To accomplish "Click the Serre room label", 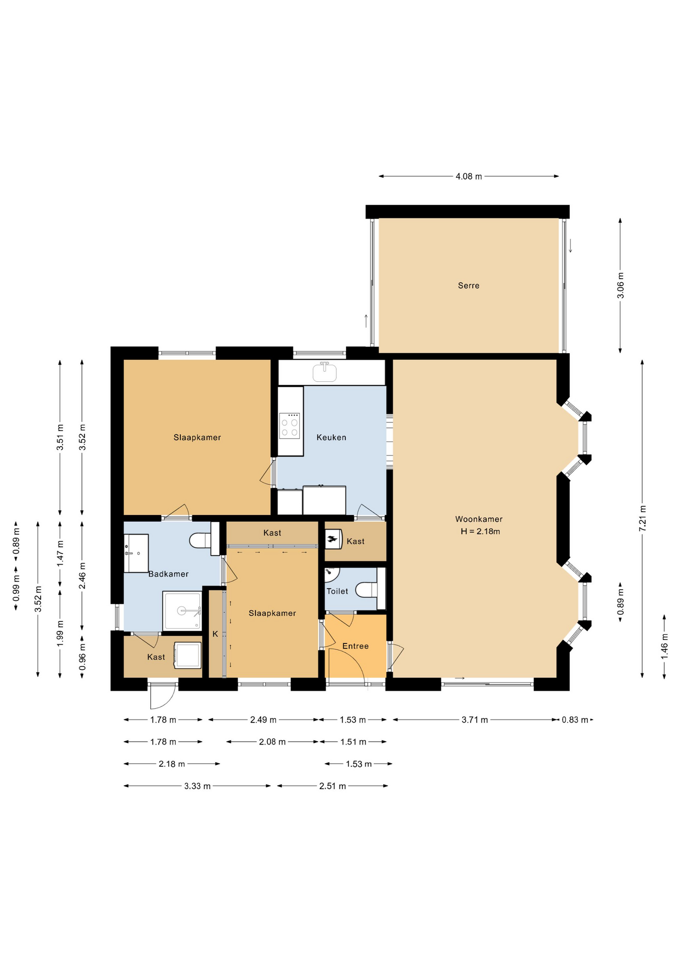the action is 468,286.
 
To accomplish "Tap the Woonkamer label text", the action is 479,519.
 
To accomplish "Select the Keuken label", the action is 331,437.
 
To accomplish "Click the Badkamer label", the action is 168,574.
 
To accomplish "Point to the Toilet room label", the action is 337,591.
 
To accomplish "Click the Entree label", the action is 356,646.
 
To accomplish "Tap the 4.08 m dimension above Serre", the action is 469,176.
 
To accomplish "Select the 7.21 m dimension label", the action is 642,519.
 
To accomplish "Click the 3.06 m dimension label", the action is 620,286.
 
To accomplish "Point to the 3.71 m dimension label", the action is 475,720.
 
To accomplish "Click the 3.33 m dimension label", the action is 197,786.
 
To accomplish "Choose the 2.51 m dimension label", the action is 332,786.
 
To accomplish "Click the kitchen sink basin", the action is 324,372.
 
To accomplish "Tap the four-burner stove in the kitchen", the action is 289,426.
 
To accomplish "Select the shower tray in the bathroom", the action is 182,611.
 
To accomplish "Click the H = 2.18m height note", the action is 480,532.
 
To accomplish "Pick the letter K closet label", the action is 215,634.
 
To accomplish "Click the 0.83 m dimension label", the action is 575,720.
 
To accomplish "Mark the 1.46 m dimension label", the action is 664,646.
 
